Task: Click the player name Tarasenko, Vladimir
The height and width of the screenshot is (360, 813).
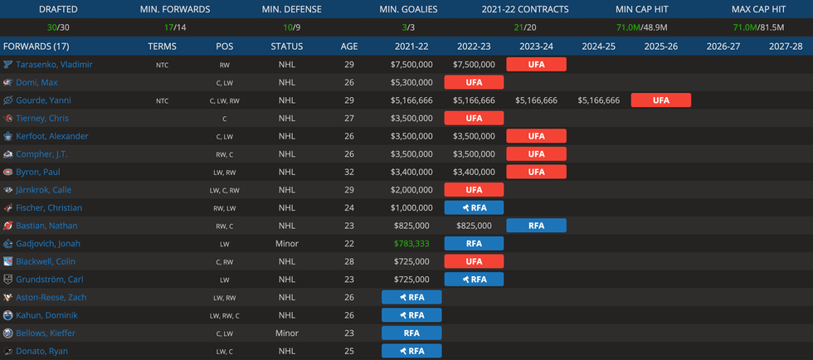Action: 54,65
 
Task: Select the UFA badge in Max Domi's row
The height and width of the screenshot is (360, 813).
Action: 474,82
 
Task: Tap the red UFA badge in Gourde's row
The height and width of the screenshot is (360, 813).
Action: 660,100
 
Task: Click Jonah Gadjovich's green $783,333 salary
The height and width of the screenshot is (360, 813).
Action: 411,244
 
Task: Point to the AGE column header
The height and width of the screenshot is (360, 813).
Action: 349,46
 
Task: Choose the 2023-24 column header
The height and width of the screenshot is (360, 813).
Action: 536,46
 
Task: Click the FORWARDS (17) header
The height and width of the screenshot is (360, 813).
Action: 37,46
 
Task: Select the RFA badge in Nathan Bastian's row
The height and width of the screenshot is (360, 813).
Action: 536,226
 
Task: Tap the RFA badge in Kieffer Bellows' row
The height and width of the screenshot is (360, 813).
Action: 411,333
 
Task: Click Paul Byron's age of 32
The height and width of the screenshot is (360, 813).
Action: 349,172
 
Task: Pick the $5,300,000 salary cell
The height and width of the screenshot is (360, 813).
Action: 411,82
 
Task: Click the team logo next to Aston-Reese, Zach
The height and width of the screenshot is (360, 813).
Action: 7,298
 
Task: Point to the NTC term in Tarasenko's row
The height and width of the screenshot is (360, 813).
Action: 162,65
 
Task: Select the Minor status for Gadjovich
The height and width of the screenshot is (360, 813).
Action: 287,244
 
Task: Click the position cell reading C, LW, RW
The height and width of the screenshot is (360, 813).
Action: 224,100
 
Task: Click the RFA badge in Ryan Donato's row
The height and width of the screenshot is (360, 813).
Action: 411,351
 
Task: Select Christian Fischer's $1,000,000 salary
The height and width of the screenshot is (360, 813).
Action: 411,208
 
